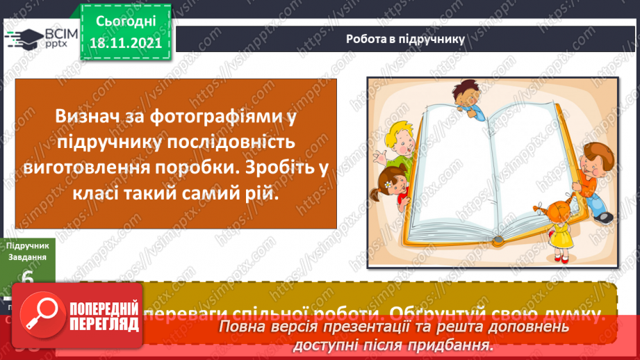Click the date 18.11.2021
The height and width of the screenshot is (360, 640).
[125, 43]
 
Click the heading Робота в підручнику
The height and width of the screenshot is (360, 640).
[405, 39]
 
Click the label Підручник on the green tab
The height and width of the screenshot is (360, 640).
[28, 245]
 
